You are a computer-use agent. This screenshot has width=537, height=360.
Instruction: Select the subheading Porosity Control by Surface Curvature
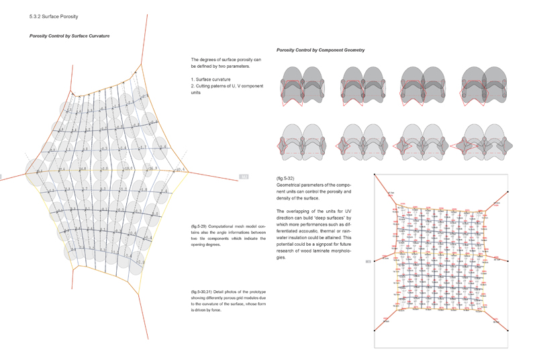(x=69, y=36)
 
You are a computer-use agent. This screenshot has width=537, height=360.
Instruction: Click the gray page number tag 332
(x=244, y=177)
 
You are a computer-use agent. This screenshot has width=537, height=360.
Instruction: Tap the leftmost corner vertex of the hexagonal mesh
(x=27, y=172)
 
